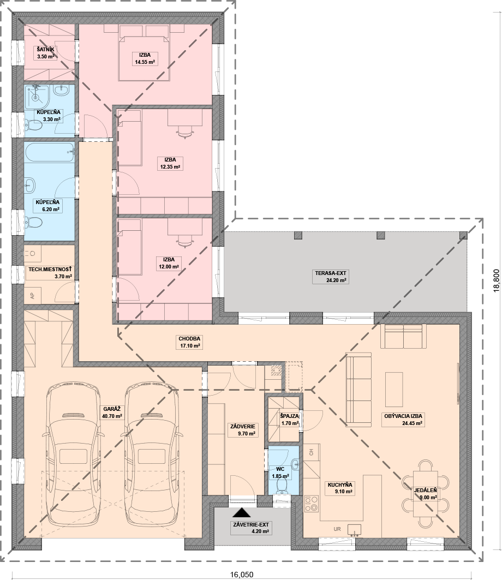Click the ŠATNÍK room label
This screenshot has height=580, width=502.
[45, 49]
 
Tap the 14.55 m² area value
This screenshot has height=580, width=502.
[145, 62]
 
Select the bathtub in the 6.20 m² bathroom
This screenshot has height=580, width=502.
[50, 152]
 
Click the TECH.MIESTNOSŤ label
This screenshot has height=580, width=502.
[50, 270]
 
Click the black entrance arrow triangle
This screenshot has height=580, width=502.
[242, 512]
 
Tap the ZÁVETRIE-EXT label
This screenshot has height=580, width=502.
[251, 524]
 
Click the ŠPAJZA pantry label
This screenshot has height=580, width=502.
[290, 416]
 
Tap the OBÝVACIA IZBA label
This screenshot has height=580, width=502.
[403, 416]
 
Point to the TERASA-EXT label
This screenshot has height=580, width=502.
[331, 273]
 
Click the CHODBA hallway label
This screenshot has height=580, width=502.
[189, 338]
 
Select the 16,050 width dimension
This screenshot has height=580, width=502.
[242, 575]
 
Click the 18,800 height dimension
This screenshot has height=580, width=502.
[497, 280]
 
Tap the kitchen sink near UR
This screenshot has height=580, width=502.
[354, 529]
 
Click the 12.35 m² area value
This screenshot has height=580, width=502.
[170, 167]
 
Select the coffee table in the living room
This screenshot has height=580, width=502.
[394, 390]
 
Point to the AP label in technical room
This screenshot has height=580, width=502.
[32, 296]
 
